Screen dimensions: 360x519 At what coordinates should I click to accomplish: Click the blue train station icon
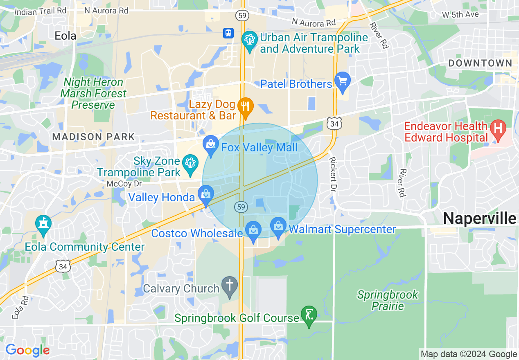(228, 33)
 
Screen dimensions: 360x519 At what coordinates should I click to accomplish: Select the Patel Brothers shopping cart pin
(342, 81)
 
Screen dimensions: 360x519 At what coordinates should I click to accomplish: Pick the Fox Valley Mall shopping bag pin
(211, 145)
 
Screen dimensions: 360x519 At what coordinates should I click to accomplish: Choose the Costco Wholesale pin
(253, 231)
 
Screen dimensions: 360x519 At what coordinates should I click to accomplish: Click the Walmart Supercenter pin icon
(278, 227)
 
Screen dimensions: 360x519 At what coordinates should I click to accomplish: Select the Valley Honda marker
(205, 196)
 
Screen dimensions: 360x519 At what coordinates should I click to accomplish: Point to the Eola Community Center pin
(43, 225)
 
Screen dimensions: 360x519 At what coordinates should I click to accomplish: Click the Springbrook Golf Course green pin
(309, 315)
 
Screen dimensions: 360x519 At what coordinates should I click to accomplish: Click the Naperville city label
(480, 218)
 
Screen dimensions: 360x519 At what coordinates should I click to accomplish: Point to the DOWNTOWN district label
(480, 63)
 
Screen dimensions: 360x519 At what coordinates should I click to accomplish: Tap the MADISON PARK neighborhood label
(93, 137)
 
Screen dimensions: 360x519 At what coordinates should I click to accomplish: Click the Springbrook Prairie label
(388, 300)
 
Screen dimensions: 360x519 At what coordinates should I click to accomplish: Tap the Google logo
(27, 350)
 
